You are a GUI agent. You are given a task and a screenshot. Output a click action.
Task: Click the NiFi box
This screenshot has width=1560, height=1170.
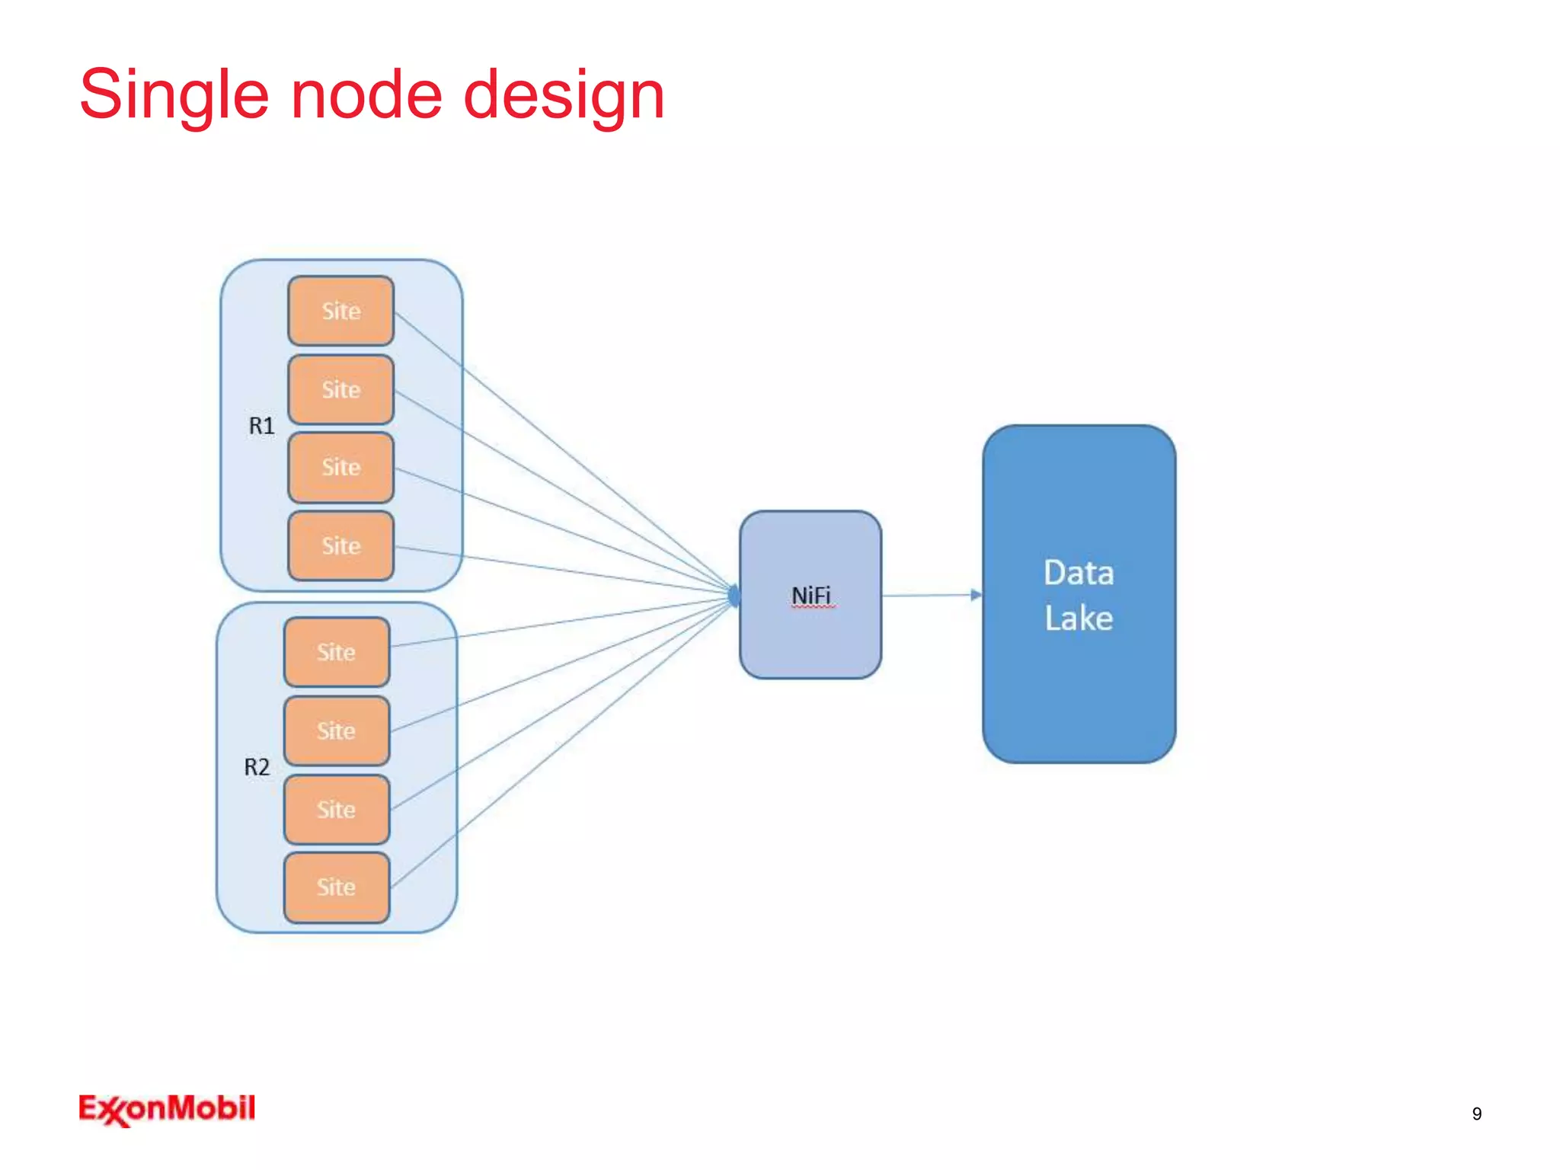810,595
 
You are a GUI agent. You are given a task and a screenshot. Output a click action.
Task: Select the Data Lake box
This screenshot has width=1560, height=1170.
1079,686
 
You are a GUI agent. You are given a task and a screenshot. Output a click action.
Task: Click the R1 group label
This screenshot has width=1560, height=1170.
261,426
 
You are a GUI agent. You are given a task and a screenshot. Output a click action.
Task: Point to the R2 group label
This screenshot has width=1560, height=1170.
257,767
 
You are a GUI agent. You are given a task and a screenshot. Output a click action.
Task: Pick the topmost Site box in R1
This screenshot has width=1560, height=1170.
340,311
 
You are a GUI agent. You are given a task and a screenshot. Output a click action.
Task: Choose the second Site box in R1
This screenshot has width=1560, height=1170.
340,390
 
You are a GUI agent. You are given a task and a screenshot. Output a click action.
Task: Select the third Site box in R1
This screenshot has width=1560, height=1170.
340,468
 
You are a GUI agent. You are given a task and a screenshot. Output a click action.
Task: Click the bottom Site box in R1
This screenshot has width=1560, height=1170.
340,546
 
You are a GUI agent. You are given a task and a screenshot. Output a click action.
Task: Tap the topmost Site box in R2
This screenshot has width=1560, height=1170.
336,652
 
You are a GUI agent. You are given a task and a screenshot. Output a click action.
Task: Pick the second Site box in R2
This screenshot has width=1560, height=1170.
336,731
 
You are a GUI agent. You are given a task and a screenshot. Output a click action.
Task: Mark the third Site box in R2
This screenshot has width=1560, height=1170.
336,810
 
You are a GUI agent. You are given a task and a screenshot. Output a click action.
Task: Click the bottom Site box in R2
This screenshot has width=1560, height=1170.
336,887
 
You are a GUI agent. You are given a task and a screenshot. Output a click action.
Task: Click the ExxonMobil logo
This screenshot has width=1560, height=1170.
167,1109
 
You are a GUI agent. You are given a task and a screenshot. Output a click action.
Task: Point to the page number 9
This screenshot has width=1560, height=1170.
1476,1114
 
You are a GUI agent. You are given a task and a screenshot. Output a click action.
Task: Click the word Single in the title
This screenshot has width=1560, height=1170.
174,95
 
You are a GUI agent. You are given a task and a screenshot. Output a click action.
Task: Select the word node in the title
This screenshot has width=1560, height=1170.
366,95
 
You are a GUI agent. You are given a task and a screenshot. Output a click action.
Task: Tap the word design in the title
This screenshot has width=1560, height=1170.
564,95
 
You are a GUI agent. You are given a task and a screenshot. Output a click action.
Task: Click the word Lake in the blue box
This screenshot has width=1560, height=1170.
1079,618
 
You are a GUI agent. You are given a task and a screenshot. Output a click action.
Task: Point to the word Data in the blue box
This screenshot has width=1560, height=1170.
1079,573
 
